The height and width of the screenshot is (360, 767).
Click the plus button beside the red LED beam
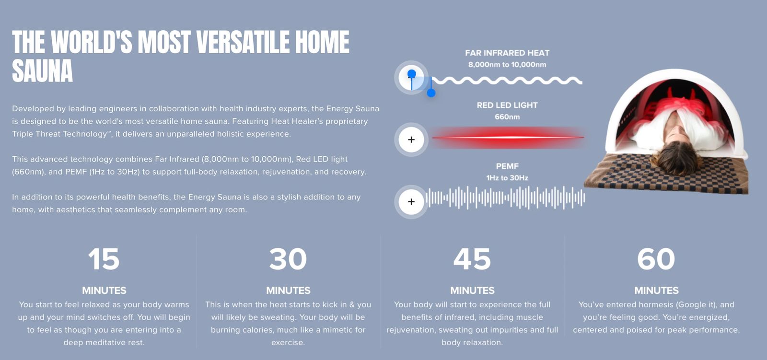click(x=411, y=139)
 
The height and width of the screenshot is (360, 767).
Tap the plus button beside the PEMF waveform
click(x=411, y=202)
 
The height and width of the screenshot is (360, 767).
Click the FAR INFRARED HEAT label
click(x=507, y=53)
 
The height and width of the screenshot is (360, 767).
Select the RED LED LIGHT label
click(x=507, y=105)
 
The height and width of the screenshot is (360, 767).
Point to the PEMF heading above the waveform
click(x=507, y=166)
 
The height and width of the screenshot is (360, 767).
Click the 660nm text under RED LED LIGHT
click(x=507, y=117)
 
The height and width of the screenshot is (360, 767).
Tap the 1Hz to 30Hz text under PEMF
click(x=507, y=178)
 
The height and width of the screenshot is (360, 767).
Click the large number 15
click(x=104, y=259)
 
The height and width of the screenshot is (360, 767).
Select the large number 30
click(x=288, y=259)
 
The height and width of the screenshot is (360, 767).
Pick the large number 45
click(x=472, y=259)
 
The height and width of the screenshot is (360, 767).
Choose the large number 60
click(x=656, y=259)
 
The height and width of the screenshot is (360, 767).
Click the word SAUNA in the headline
click(x=43, y=70)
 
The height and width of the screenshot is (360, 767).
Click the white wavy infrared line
click(x=507, y=81)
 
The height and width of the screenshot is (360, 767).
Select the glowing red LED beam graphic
click(x=508, y=138)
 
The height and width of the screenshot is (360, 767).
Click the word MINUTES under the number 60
click(x=656, y=290)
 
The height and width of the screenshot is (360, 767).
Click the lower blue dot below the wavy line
click(x=431, y=93)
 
